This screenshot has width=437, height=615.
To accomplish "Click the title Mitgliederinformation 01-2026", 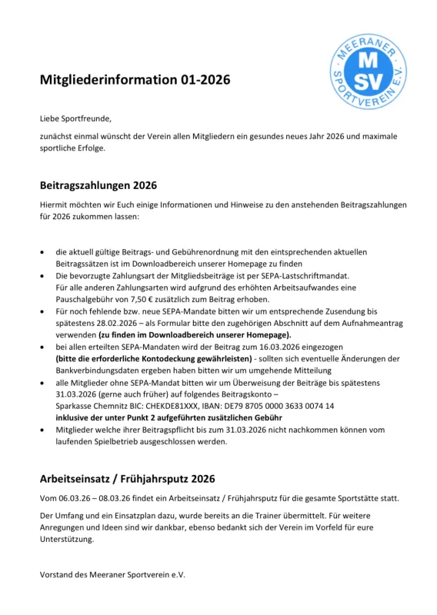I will (x=135, y=80).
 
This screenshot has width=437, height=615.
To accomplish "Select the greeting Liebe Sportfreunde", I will (x=75, y=118).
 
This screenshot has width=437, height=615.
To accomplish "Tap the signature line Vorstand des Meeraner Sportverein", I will (x=112, y=574).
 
